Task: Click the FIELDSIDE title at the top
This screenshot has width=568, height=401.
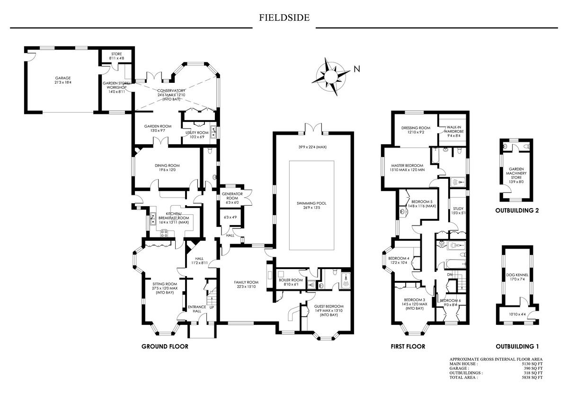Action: pyautogui.click(x=284, y=18)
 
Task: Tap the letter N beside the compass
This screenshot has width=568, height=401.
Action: pyautogui.click(x=357, y=69)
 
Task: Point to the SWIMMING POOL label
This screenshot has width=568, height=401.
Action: pyautogui.click(x=312, y=203)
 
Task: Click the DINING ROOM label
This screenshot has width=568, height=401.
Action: pyautogui.click(x=167, y=166)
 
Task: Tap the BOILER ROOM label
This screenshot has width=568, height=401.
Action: pyautogui.click(x=290, y=280)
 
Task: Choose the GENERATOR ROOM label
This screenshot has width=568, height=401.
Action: pyautogui.click(x=232, y=196)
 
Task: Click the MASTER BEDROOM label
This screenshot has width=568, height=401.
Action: pyautogui.click(x=407, y=166)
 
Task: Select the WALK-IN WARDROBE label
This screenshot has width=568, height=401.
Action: pyautogui.click(x=453, y=130)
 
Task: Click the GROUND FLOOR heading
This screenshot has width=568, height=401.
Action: pyautogui.click(x=165, y=347)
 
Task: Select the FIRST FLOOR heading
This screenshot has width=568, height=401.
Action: pyautogui.click(x=408, y=347)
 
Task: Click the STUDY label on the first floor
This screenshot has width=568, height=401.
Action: pyautogui.click(x=458, y=209)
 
